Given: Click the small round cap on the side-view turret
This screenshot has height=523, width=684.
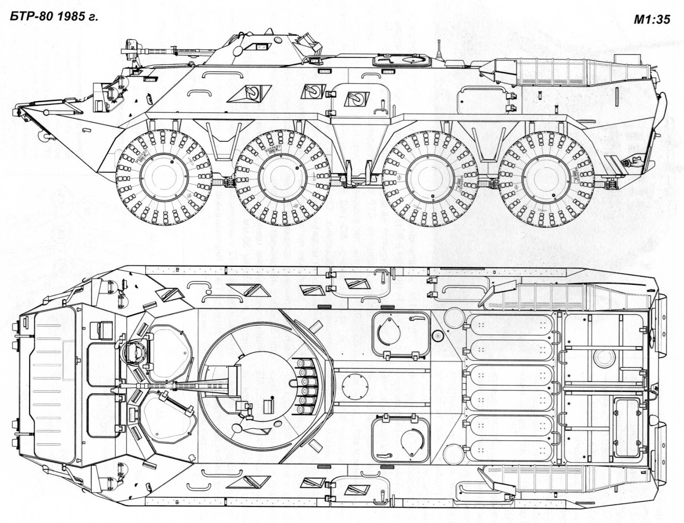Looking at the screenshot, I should (x=279, y=40).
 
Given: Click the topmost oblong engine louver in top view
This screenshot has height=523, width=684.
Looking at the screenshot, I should (x=510, y=327).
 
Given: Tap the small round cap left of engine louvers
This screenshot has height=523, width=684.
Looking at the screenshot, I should (x=437, y=336).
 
